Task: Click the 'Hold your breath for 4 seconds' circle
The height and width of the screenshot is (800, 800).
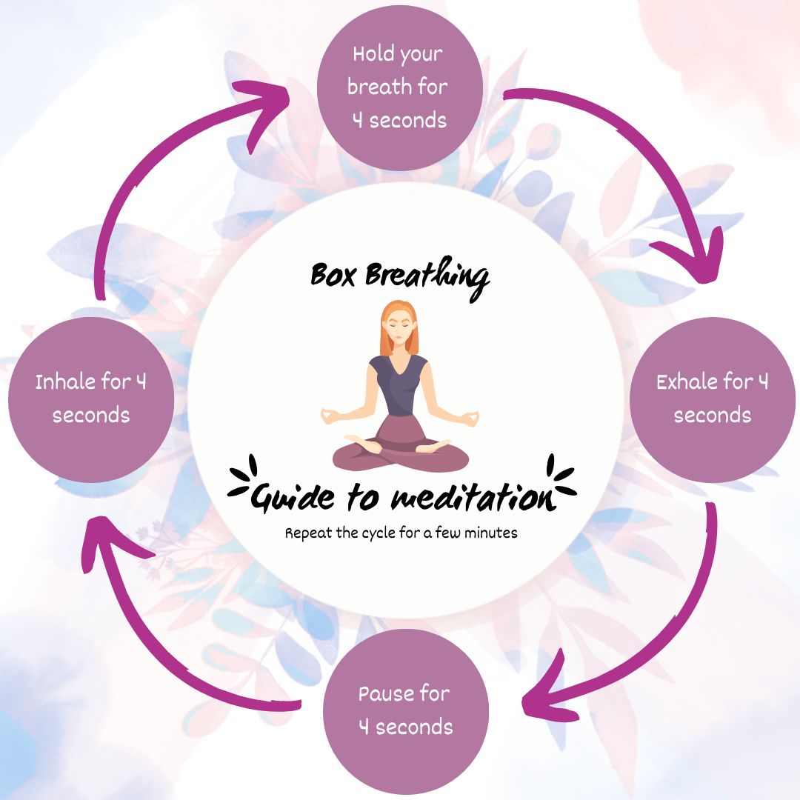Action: (400, 87)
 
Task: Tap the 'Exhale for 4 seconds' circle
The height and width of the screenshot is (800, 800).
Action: (712, 400)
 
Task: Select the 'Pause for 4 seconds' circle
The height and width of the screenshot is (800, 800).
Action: (405, 711)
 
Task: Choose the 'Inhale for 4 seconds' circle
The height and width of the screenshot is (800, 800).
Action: (91, 400)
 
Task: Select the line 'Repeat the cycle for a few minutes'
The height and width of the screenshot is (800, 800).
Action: (401, 533)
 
